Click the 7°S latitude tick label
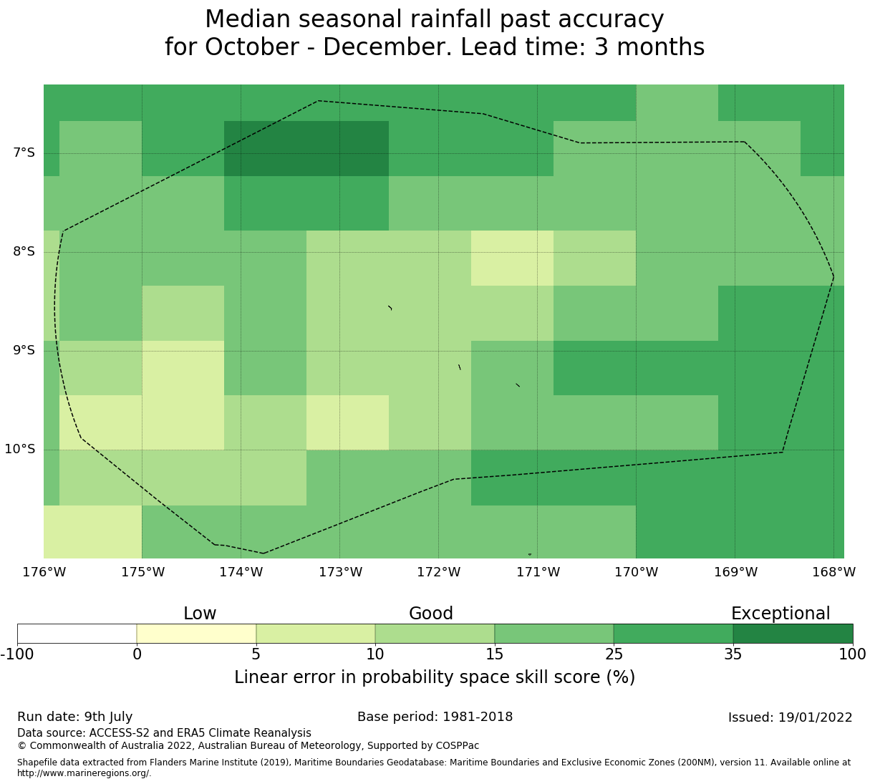click(x=24, y=153)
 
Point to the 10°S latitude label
click(x=19, y=449)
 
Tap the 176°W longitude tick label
click(x=44, y=572)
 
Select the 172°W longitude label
click(x=439, y=572)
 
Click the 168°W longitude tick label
click(x=833, y=572)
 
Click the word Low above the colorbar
click(x=200, y=614)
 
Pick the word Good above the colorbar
click(x=430, y=614)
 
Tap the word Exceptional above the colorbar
click(x=780, y=614)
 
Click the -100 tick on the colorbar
click(x=17, y=654)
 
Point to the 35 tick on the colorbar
click(x=733, y=654)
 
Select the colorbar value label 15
click(x=494, y=654)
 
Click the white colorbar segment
click(x=77, y=634)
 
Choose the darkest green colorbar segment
click(x=793, y=634)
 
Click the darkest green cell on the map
click(x=306, y=148)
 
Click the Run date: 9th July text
click(x=75, y=717)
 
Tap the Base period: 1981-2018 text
click(x=435, y=717)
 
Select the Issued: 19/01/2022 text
click(x=791, y=717)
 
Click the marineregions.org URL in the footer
click(x=84, y=773)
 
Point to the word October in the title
click(x=252, y=47)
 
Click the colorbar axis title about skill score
click(x=435, y=677)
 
